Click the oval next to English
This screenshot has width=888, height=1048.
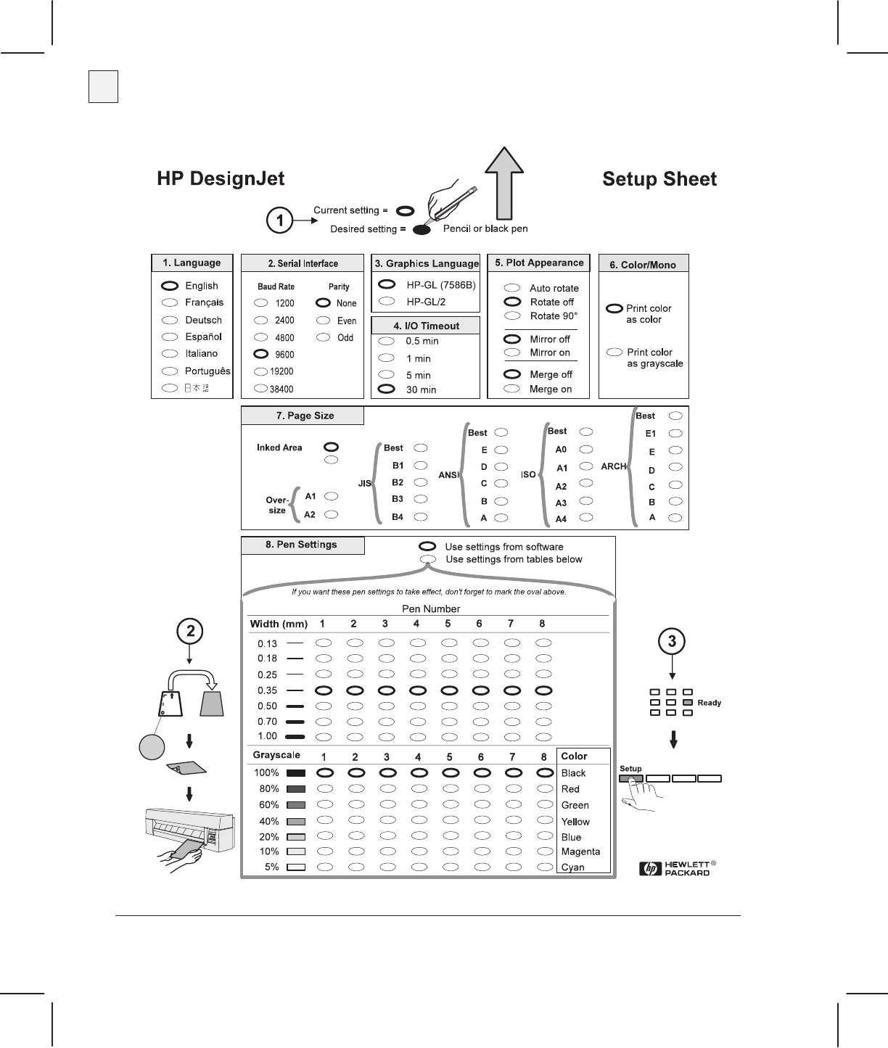click(170, 286)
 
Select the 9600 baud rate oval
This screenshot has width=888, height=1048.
click(261, 355)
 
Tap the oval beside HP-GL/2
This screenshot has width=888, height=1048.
click(387, 301)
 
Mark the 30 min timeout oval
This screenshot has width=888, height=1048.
click(387, 389)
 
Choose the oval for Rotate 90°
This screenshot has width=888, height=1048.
click(512, 315)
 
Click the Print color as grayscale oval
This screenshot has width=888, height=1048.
click(614, 352)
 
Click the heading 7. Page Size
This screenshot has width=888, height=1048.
click(304, 416)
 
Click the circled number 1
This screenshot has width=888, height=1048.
click(280, 220)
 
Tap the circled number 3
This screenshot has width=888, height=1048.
click(673, 641)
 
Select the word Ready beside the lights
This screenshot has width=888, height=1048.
click(709, 703)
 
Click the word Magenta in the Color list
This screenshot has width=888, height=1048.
click(580, 851)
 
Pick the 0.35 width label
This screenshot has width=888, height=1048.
click(267, 690)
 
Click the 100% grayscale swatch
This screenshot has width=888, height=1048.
click(296, 773)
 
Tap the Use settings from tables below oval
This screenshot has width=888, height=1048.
click(429, 559)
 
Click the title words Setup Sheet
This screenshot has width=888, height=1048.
click(659, 179)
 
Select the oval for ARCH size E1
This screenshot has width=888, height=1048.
click(675, 433)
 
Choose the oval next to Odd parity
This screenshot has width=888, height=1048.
click(324, 337)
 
